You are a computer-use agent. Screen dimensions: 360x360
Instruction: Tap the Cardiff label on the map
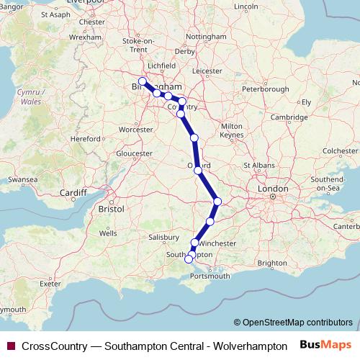tap(73, 193)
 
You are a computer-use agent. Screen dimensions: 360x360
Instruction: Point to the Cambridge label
tap(287, 117)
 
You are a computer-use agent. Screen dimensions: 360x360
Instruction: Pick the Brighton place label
tap(271, 264)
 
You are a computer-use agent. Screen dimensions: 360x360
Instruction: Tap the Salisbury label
tap(163, 237)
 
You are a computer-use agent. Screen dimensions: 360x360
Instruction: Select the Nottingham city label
tap(206, 37)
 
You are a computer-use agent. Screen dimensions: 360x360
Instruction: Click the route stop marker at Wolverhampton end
tap(143, 81)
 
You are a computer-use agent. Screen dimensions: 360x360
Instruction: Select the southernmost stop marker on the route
tap(189, 259)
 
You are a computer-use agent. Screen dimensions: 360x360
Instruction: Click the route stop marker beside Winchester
tap(194, 243)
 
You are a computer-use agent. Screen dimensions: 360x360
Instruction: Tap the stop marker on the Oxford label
tap(198, 171)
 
